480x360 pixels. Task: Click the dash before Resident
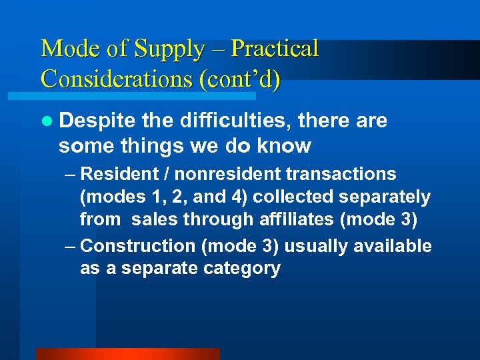(x=71, y=175)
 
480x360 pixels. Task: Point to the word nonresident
(x=230, y=174)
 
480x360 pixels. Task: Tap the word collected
(x=301, y=197)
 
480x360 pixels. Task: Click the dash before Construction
(x=71, y=246)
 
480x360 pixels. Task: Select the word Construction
(x=138, y=245)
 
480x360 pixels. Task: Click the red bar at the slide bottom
(x=127, y=353)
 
